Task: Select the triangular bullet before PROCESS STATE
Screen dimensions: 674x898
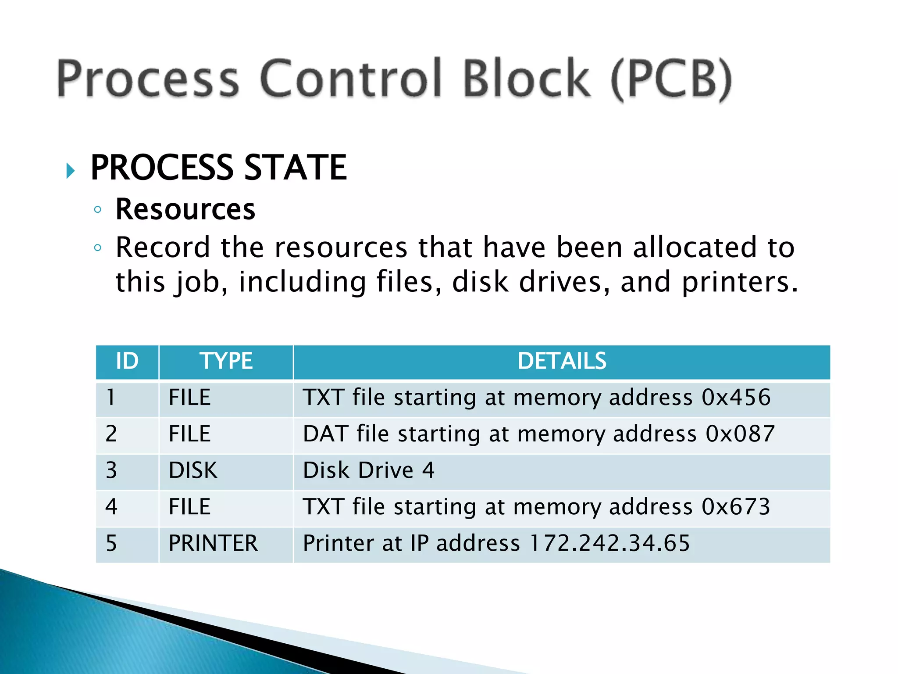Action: pos(70,170)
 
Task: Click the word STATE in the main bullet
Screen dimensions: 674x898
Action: pos(295,168)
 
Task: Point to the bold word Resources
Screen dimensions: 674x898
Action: pos(185,209)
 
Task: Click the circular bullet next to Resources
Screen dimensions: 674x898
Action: pos(98,210)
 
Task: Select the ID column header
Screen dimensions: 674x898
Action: pos(127,361)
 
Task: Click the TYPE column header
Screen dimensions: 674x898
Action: pos(226,361)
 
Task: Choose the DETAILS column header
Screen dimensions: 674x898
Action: pos(562,361)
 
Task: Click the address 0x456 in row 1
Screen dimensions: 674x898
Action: pos(736,398)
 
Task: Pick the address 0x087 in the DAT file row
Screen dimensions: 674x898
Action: pos(740,434)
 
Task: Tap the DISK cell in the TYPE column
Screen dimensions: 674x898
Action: pos(193,470)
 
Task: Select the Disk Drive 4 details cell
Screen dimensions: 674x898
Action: pos(368,470)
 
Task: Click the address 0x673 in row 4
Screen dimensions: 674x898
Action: pos(736,507)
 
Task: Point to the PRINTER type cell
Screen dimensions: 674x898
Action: pos(213,543)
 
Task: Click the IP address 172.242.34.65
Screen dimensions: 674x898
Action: pos(609,543)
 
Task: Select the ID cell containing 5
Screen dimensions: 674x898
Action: pos(111,543)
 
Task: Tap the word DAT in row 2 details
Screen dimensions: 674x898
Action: pos(325,434)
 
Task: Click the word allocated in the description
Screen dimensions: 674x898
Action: pos(695,247)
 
